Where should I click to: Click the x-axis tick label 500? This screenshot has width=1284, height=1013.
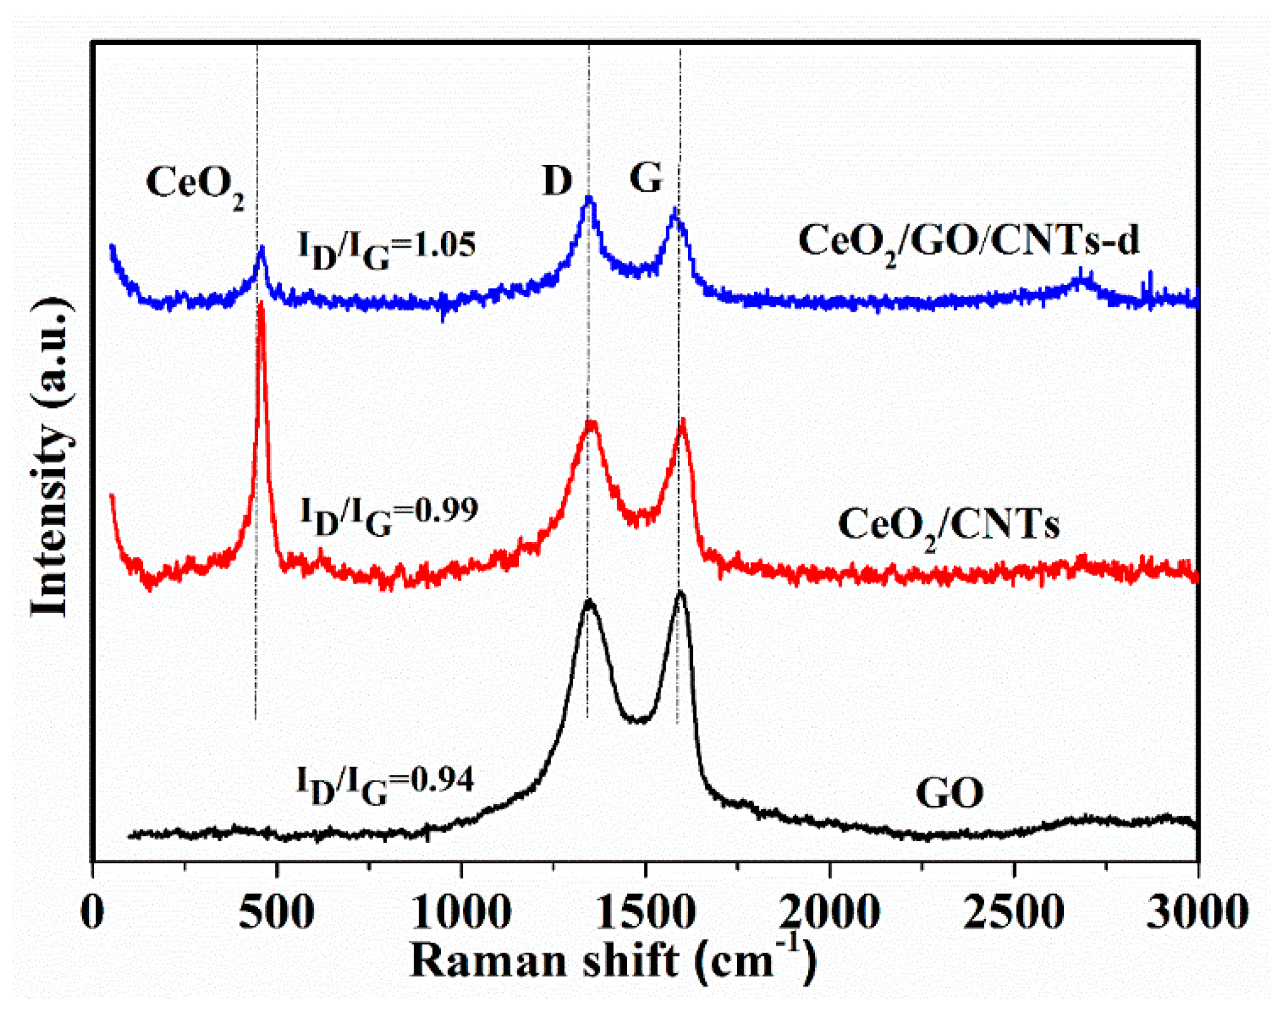[x=276, y=913]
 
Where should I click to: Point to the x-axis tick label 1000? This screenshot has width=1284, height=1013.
[x=460, y=913]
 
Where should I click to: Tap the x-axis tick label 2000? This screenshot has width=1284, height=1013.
[x=829, y=913]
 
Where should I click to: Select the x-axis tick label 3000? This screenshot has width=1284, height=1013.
[x=1198, y=913]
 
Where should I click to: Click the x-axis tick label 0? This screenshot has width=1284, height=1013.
[x=93, y=913]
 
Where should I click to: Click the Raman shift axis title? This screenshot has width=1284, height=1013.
[x=613, y=960]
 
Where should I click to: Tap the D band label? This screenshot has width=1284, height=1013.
[x=557, y=180]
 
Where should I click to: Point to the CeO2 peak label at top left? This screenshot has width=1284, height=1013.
[x=195, y=185]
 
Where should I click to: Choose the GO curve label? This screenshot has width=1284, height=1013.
[x=950, y=793]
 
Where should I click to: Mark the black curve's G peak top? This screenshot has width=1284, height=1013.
[x=681, y=592]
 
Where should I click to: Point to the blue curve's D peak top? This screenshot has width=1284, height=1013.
[x=588, y=199]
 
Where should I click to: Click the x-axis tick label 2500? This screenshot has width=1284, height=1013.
[x=1013, y=913]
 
